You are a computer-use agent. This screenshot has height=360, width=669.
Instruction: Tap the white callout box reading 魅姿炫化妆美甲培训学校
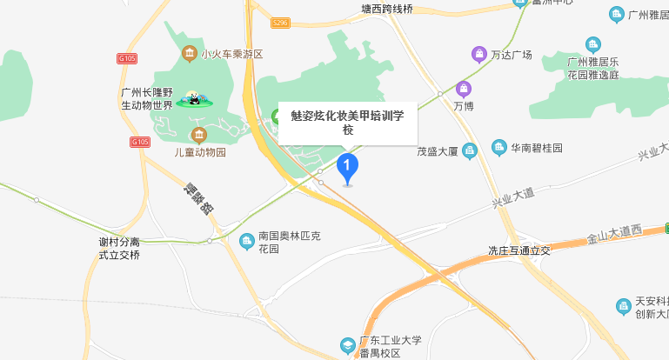pos(348,122)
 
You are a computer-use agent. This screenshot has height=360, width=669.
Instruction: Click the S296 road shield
pos(279,23)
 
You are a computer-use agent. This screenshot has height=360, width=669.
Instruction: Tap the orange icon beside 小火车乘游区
pos(188,54)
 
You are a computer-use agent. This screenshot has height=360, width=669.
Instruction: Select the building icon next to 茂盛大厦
pos(470,150)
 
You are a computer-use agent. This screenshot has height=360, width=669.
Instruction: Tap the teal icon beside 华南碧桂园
pos(499,147)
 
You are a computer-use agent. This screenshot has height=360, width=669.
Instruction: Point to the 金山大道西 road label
pos(613,232)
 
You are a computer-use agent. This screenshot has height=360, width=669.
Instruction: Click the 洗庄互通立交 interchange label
pos(519,250)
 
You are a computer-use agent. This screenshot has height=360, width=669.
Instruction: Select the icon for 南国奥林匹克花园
pos(246,240)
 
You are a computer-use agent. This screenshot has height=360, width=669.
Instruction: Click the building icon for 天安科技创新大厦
pos(623,306)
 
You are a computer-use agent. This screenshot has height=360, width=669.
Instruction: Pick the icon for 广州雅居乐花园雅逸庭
pos(593,45)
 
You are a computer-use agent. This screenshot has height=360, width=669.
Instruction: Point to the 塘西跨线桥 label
pos(387,10)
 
